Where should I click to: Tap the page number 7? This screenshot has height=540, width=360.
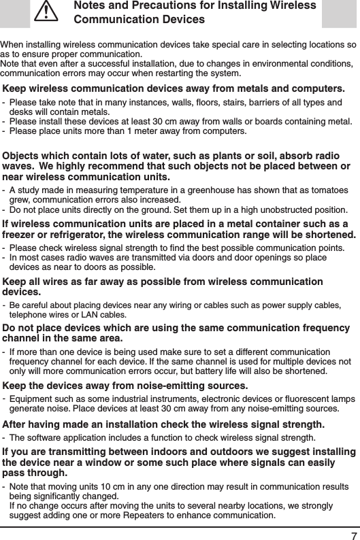pyautogui.click(x=350, y=529)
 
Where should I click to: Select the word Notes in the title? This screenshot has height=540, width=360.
pyautogui.click(x=91, y=6)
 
